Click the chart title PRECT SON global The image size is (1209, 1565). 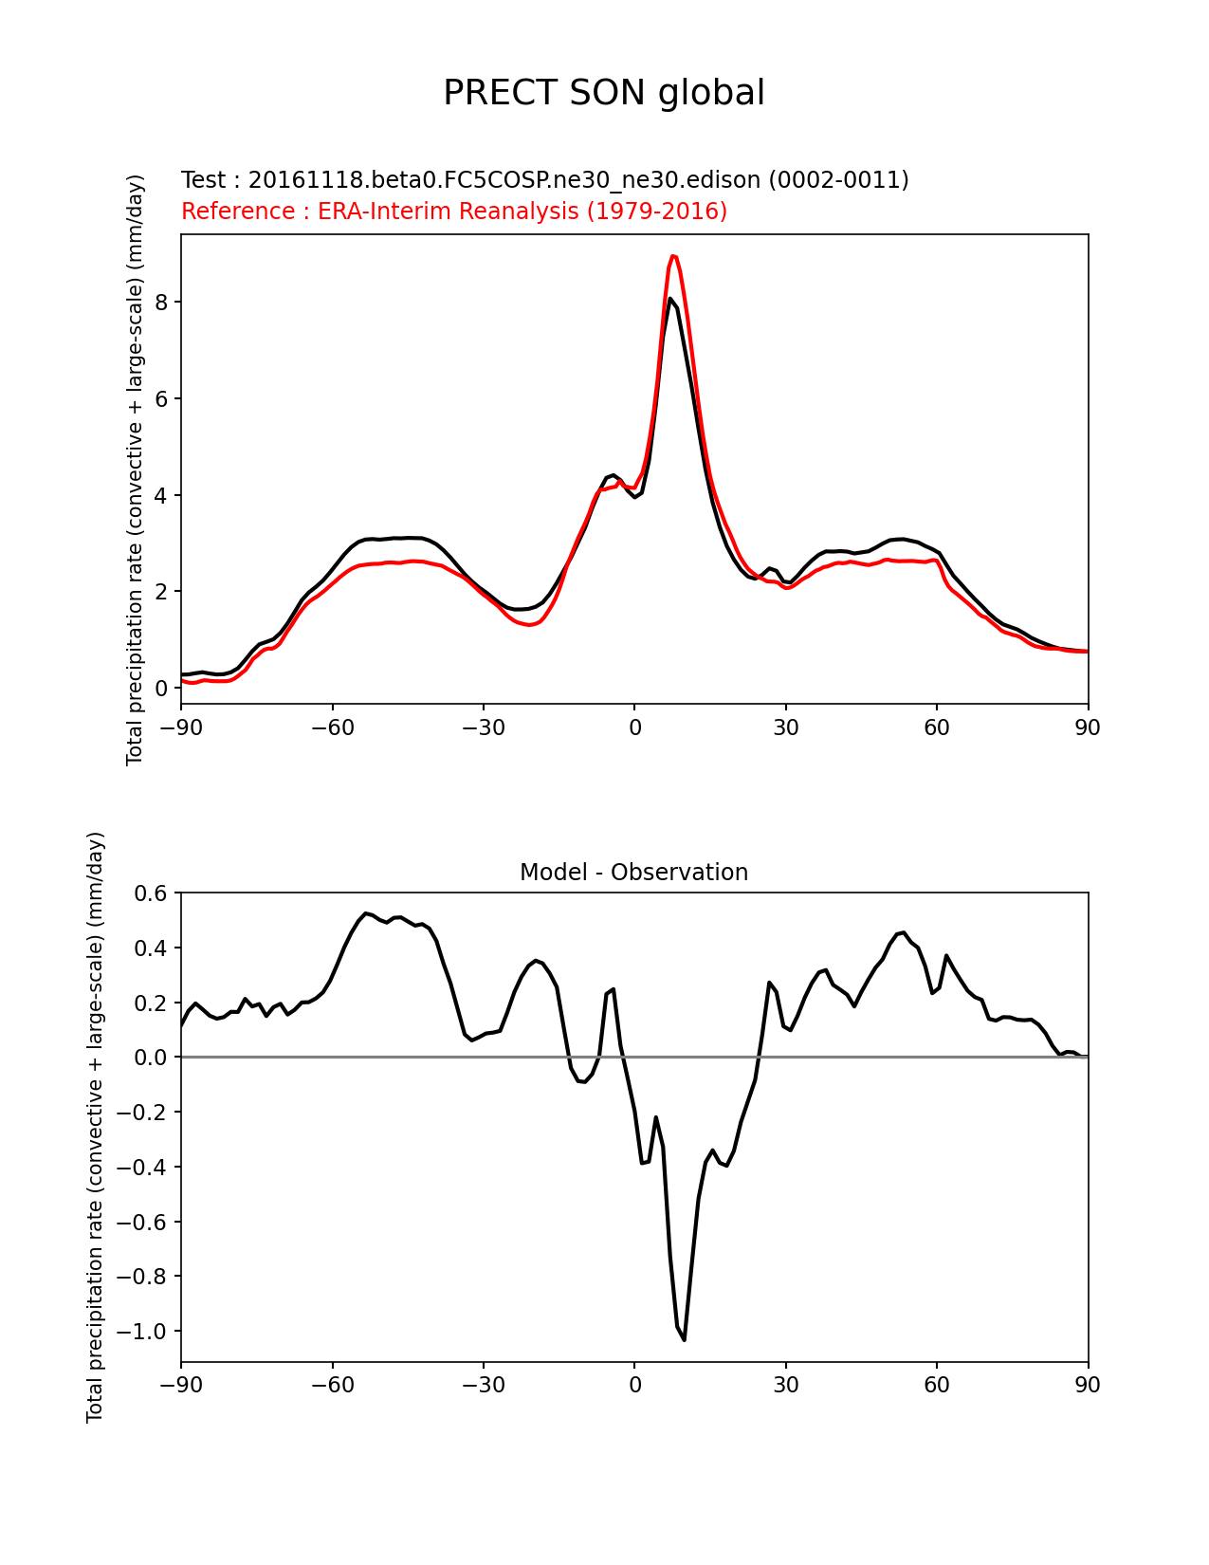pos(604,93)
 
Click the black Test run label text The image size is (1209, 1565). pos(544,180)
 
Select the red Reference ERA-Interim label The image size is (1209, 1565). pos(454,212)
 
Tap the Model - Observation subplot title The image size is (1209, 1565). pos(633,873)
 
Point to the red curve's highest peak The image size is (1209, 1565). pos(672,256)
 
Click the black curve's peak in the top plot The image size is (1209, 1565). pos(670,299)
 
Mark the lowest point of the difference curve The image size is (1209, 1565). pos(684,1339)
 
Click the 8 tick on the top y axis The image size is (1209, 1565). pos(163,302)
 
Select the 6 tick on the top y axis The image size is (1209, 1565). pos(163,398)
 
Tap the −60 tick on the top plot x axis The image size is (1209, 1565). pos(332,727)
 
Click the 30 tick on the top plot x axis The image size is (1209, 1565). pos(785,727)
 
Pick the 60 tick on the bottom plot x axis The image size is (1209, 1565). pos(936,1386)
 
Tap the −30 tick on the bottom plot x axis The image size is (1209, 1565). pos(483,1386)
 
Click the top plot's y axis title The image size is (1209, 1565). pos(136,469)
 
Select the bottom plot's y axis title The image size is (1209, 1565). pos(95,1127)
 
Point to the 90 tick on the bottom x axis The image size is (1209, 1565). pos(1088,1386)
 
